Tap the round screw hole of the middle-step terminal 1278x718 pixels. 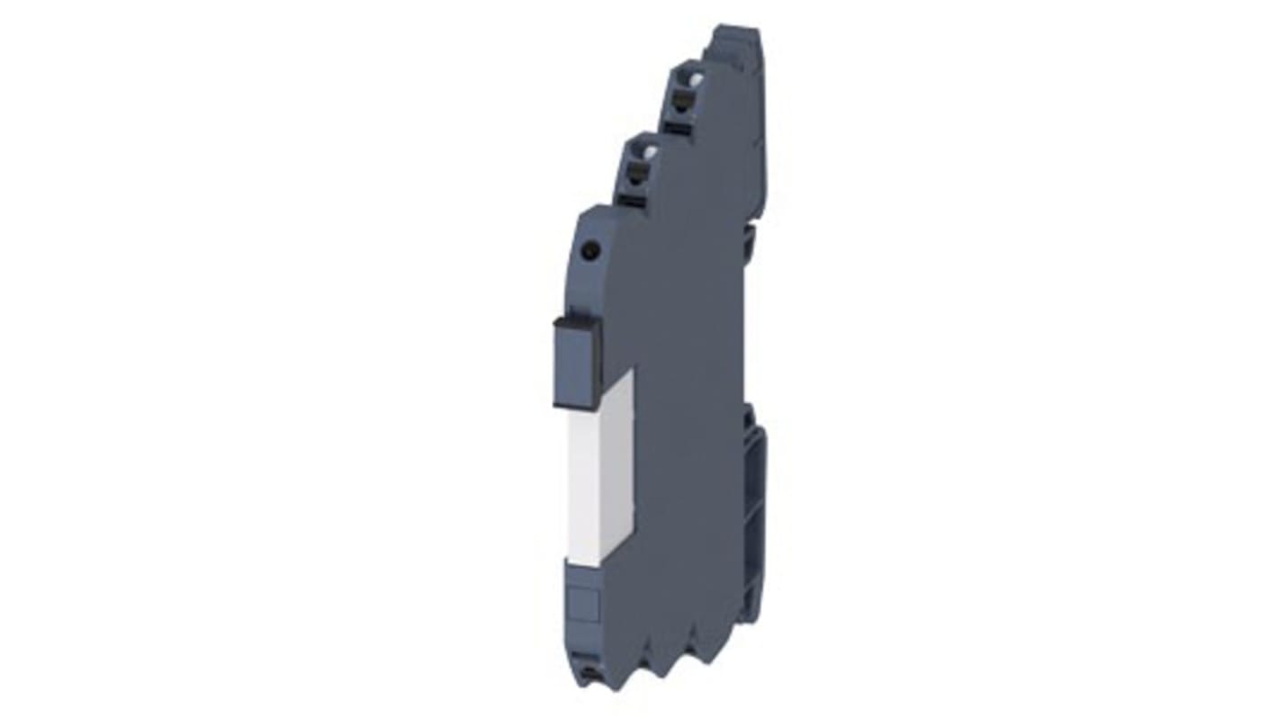(x=641, y=155)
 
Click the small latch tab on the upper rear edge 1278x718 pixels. (x=746, y=239)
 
